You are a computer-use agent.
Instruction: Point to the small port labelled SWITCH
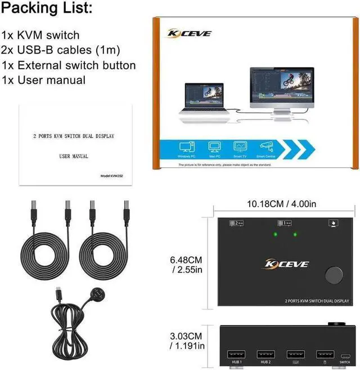click(345, 355)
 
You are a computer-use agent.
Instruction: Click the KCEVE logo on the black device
click(286, 263)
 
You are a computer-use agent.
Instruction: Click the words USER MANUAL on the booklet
click(74, 156)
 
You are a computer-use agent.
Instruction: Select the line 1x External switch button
click(69, 65)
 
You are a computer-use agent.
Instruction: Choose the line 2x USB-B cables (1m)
click(61, 50)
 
